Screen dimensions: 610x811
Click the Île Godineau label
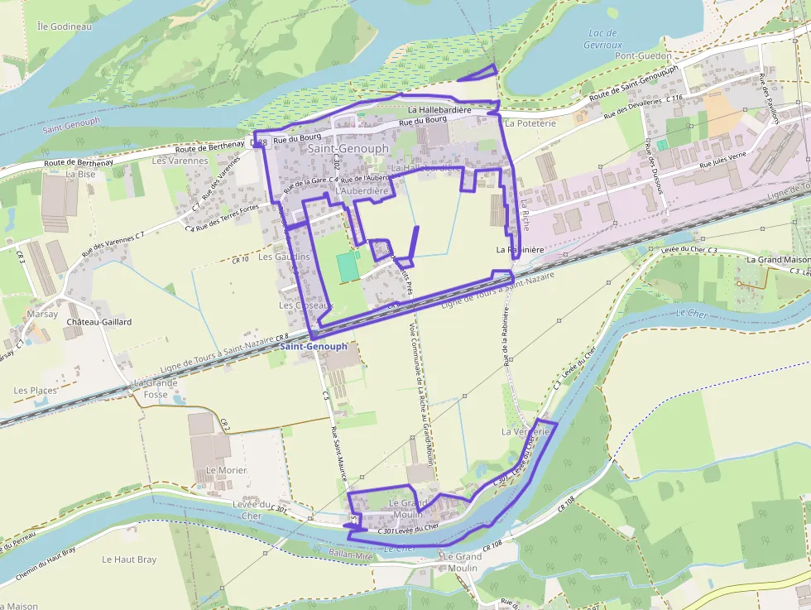(x=64, y=26)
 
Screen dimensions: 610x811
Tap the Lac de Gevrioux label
(x=602, y=39)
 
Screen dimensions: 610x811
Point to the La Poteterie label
(x=530, y=123)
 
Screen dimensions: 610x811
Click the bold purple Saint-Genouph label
(x=314, y=346)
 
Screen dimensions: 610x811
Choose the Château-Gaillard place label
(x=99, y=321)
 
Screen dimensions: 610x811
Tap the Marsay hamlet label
(x=42, y=315)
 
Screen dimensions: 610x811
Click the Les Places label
(x=36, y=390)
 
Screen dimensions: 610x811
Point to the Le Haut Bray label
(x=129, y=560)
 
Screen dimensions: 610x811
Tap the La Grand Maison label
(x=778, y=260)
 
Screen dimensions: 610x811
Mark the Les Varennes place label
(x=180, y=161)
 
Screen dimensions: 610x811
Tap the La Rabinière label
(x=520, y=249)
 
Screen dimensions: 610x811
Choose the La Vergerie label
(x=525, y=432)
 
